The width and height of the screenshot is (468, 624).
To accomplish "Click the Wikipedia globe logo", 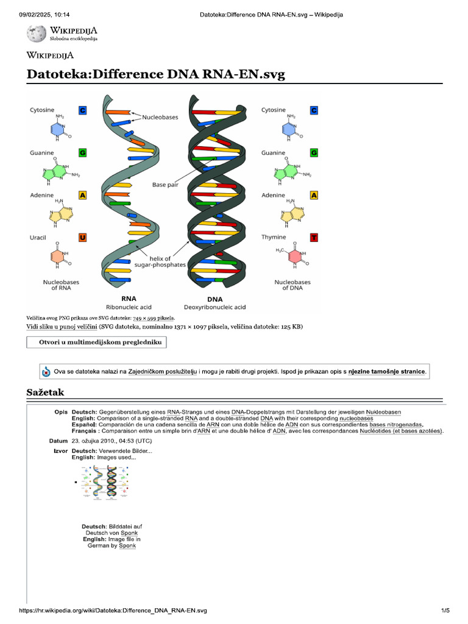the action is tap(37, 33).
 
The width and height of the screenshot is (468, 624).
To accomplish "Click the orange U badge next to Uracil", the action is tap(82, 237).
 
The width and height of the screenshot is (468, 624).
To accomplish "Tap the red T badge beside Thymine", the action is tap(314, 237).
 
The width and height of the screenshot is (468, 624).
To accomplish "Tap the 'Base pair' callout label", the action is tap(165, 184).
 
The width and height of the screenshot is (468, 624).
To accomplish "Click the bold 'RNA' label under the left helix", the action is tap(129, 299).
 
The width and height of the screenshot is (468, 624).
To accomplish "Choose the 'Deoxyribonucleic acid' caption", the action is tap(214, 307).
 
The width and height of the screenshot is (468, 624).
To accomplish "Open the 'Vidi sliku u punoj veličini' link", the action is tap(60, 327).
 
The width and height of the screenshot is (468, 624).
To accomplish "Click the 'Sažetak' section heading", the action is tap(45, 392).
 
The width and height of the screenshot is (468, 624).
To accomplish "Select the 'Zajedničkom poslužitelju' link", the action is tap(163, 371).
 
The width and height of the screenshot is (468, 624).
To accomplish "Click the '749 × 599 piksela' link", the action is tap(154, 318).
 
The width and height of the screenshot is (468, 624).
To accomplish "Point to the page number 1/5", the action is tap(445, 610).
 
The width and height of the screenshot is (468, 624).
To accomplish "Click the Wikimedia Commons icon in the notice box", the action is tap(46, 371).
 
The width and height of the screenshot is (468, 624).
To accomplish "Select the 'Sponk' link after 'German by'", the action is tap(127, 545).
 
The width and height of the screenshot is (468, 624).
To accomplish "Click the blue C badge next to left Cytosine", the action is tap(82, 110).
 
